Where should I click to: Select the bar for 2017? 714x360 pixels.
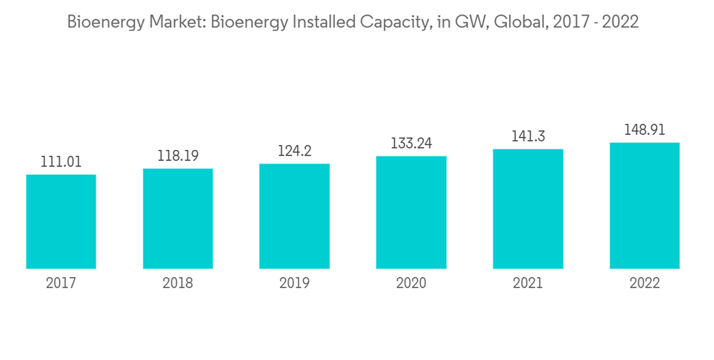point(61,221)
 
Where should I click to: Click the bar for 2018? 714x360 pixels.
point(178,219)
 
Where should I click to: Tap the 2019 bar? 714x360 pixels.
point(294,216)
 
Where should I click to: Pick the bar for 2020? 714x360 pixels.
point(411,212)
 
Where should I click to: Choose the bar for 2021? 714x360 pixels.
point(528,209)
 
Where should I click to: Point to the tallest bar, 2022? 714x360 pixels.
point(644,206)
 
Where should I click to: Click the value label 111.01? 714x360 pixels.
point(61,162)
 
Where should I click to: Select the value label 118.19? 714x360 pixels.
point(178,156)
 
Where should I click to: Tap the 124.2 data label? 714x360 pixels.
point(294,151)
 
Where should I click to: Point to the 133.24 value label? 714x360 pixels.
point(411,144)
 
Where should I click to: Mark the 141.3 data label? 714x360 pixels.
point(528,136)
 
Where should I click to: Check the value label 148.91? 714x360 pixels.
point(644,130)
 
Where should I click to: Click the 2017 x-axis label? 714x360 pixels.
point(61,284)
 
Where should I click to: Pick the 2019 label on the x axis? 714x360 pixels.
point(294,284)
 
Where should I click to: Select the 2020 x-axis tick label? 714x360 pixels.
point(411,284)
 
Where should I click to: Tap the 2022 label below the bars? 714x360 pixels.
point(644,284)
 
